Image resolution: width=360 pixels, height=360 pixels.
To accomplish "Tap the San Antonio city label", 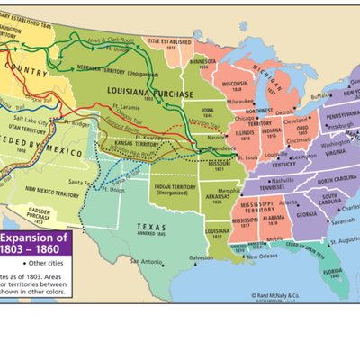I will pos(147,262).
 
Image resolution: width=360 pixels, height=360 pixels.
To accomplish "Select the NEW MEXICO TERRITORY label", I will pos(55,190).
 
